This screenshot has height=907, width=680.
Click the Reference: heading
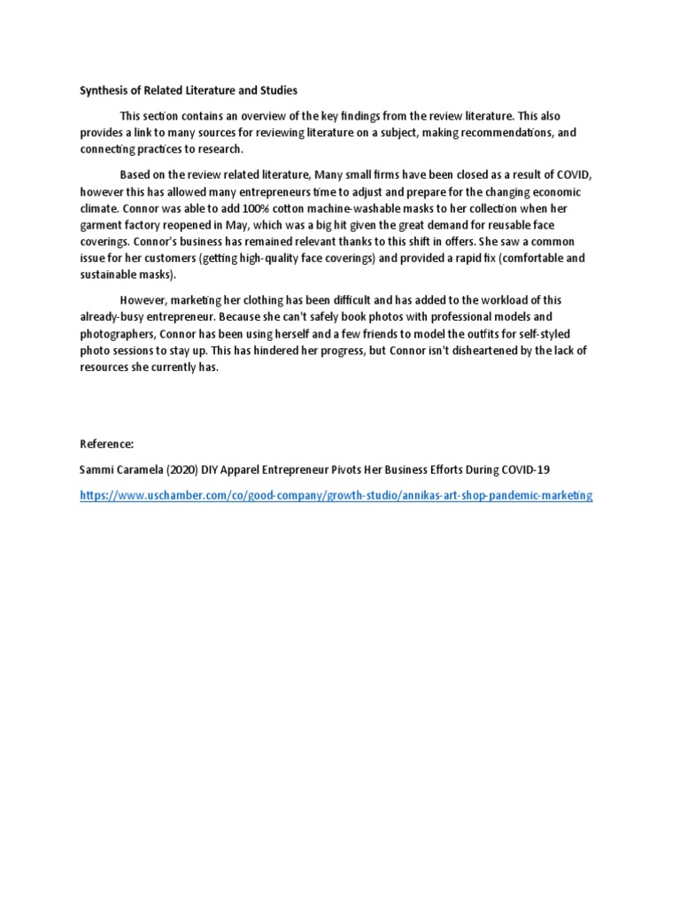pyautogui.click(x=106, y=443)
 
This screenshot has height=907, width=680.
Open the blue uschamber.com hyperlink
pyautogui.click(x=336, y=496)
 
